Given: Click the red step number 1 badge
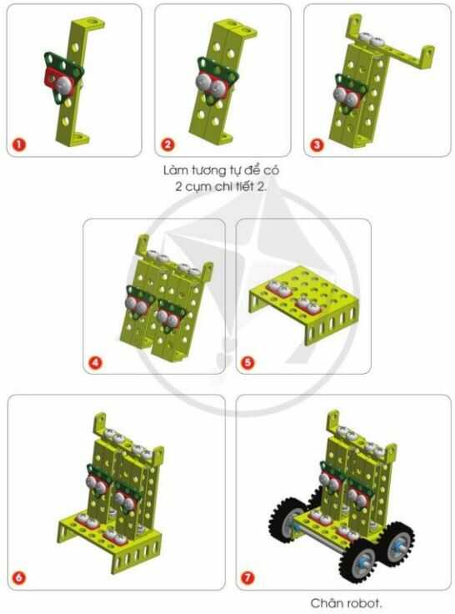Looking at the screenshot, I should tap(19, 144).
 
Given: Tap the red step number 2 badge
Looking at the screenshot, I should tap(167, 144).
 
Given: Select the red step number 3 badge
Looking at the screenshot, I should tap(317, 144).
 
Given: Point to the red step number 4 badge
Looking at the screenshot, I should tap(96, 363).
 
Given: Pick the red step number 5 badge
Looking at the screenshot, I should tap(247, 363).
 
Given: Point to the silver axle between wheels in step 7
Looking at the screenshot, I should tap(321, 539).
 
